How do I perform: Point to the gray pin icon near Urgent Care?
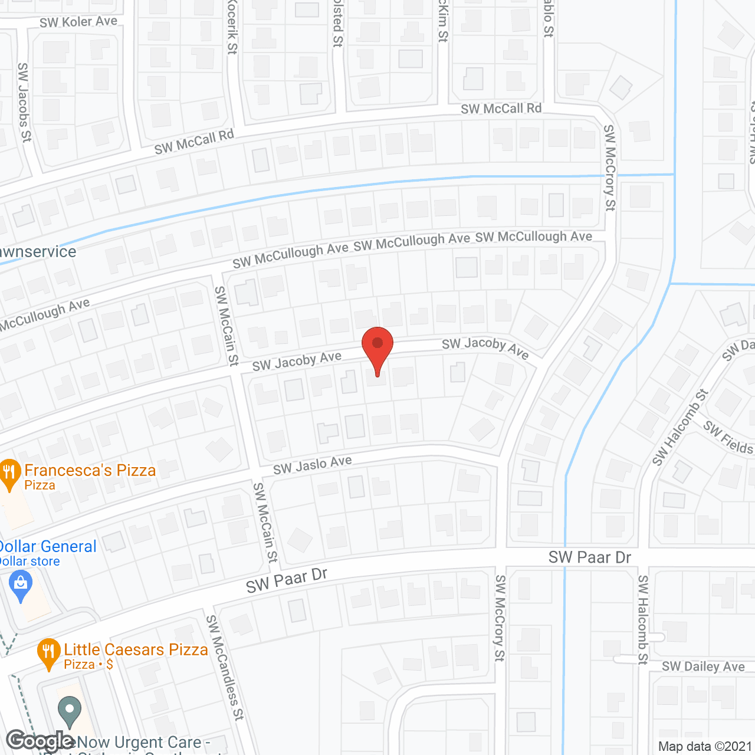click(70, 710)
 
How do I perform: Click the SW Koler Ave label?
click(78, 22)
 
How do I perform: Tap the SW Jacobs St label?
click(24, 102)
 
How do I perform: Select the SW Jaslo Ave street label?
click(313, 465)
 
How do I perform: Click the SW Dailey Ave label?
click(703, 667)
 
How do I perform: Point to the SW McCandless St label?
click(224, 667)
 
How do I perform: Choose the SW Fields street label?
click(728, 437)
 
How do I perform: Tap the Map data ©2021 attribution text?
click(705, 746)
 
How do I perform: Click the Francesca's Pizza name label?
click(90, 470)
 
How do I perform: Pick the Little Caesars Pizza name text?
click(136, 649)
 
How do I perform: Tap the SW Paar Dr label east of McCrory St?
click(590, 557)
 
